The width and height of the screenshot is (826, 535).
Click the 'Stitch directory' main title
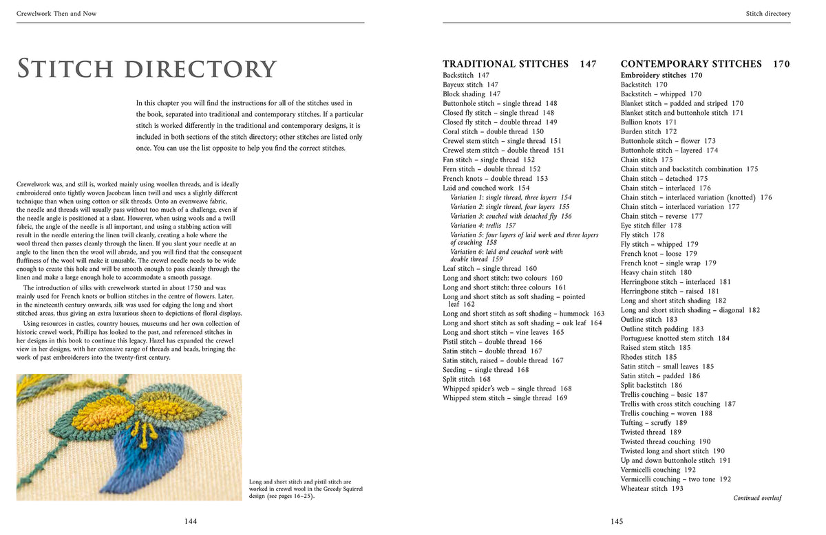(147, 69)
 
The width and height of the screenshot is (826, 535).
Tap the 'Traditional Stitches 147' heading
(519, 64)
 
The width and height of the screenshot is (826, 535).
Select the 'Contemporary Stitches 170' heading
(705, 64)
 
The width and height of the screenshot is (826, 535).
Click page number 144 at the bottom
(191, 521)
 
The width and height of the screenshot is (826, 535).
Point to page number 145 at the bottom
(617, 521)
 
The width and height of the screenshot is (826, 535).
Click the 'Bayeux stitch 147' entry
(470, 85)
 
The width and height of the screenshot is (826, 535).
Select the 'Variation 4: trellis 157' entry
(483, 226)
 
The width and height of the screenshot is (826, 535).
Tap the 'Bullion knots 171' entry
(648, 122)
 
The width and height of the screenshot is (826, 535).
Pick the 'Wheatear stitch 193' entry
(652, 489)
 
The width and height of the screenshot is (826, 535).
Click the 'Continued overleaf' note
(757, 498)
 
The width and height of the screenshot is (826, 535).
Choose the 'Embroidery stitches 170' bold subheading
(661, 75)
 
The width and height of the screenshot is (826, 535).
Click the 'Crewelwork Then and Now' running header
(57, 14)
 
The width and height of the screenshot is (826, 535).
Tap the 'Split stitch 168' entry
(467, 380)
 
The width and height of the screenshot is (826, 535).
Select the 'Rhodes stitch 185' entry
(648, 358)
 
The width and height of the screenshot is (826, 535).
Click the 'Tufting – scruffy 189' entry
(654, 423)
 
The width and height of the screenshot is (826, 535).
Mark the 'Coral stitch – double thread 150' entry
(493, 131)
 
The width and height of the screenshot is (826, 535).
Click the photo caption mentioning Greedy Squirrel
(305, 490)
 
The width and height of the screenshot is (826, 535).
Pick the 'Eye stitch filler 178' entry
(651, 226)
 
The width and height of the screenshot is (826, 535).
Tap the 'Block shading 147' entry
(472, 94)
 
